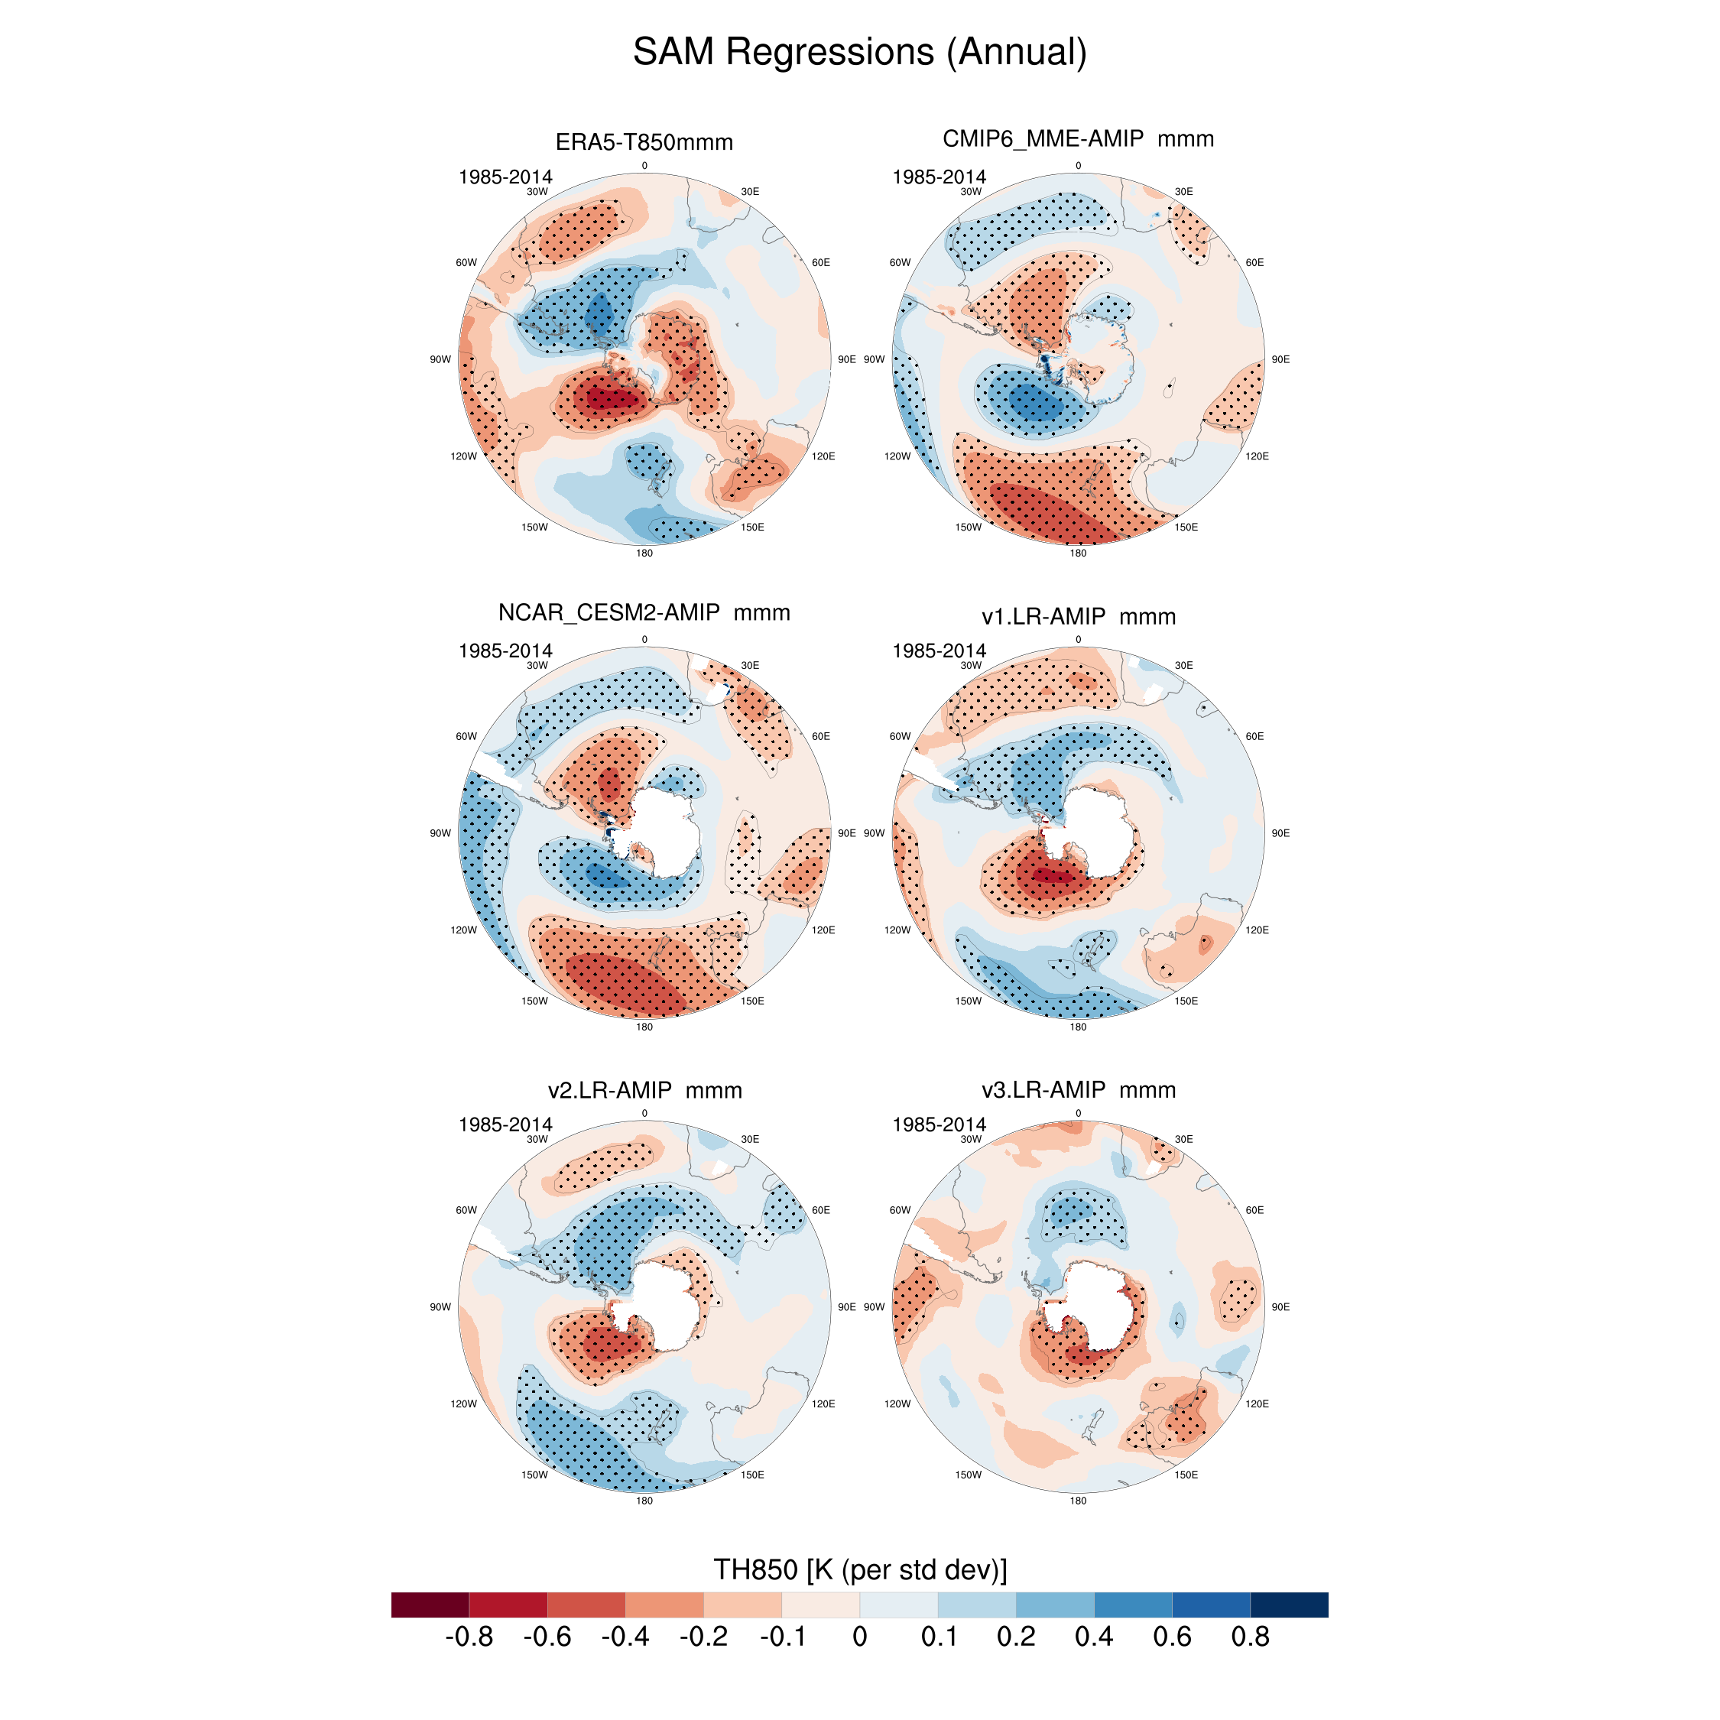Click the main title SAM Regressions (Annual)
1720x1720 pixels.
point(859,52)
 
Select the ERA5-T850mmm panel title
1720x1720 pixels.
point(644,142)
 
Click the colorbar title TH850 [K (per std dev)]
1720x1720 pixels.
point(859,1569)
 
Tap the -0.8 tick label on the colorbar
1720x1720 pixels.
point(469,1637)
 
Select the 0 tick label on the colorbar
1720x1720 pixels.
point(859,1637)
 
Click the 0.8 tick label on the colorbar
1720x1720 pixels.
point(1250,1637)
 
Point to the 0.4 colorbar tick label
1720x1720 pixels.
point(1093,1637)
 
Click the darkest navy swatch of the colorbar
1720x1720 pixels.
point(1289,1605)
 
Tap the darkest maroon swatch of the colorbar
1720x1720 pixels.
point(430,1605)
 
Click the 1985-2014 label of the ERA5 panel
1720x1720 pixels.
point(505,177)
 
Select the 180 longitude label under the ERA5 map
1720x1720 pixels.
point(644,553)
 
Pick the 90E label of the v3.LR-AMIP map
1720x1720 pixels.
point(1280,1307)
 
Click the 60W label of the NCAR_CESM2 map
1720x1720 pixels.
point(466,736)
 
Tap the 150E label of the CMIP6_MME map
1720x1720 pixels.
point(1186,527)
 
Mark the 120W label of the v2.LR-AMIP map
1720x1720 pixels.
point(463,1404)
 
